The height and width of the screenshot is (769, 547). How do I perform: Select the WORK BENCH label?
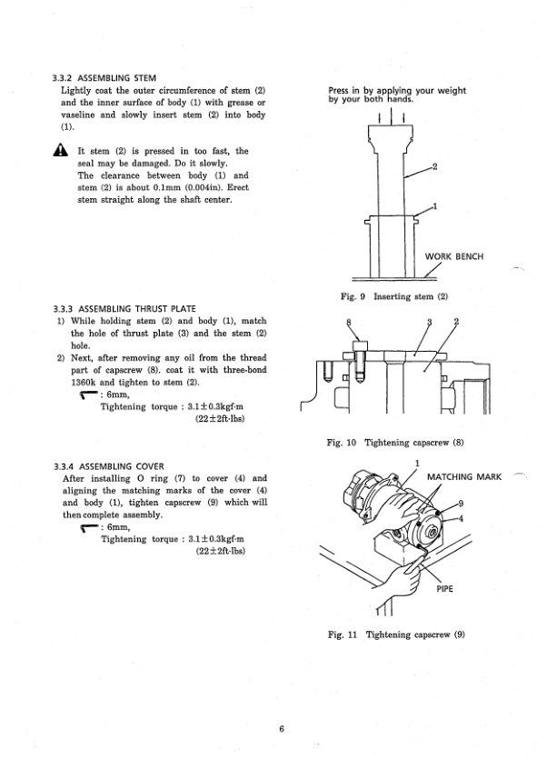[454, 256]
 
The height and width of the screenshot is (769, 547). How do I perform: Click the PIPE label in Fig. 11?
[445, 588]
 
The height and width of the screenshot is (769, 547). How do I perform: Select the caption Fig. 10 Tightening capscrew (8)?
[394, 443]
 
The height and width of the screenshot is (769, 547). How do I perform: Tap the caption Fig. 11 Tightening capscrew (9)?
[394, 634]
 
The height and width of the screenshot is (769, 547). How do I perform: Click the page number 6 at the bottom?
[282, 728]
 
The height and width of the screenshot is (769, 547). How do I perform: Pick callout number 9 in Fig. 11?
[461, 504]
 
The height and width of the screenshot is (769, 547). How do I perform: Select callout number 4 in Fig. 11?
[461, 518]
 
